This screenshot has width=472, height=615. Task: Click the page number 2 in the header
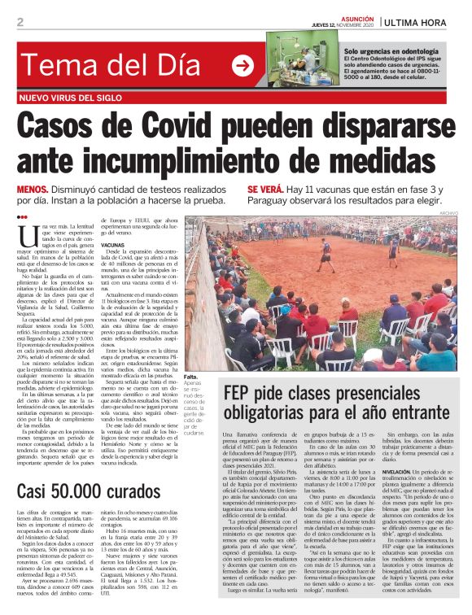point(20,22)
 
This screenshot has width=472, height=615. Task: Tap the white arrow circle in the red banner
point(242,66)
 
